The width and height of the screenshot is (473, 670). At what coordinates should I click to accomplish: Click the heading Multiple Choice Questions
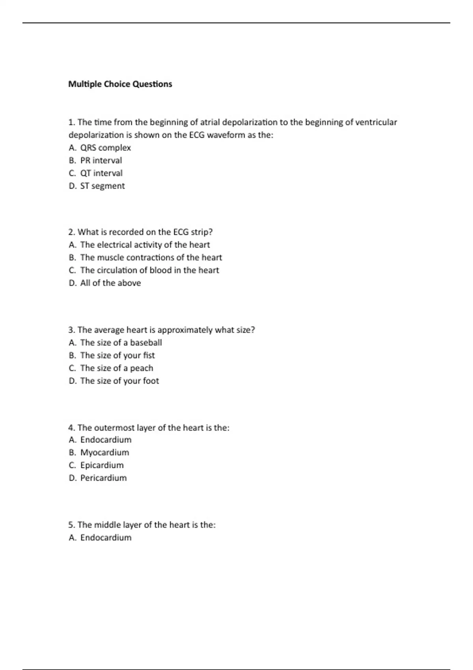pyautogui.click(x=120, y=84)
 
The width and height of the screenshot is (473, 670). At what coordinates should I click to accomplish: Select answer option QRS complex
pyautogui.click(x=105, y=148)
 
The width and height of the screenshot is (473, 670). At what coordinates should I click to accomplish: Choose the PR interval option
pyautogui.click(x=101, y=160)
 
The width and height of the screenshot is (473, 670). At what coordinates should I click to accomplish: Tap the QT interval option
pyautogui.click(x=101, y=173)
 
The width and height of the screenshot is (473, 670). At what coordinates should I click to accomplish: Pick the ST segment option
pyautogui.click(x=102, y=186)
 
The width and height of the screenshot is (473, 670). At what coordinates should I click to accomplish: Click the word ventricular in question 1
pyautogui.click(x=376, y=122)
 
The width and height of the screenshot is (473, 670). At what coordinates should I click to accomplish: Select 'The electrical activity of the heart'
pyautogui.click(x=145, y=245)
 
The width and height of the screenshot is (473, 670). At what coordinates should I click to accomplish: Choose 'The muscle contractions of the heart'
pyautogui.click(x=151, y=257)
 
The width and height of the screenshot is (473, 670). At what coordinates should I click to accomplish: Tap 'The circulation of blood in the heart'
pyautogui.click(x=149, y=270)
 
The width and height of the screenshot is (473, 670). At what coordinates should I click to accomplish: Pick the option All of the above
pyautogui.click(x=110, y=283)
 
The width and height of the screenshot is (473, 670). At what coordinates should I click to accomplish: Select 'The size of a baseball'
pyautogui.click(x=121, y=342)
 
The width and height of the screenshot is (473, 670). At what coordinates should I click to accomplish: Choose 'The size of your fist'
pyautogui.click(x=117, y=355)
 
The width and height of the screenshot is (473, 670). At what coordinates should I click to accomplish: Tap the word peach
pyautogui.click(x=142, y=368)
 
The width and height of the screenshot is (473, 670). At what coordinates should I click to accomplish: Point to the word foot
pyautogui.click(x=151, y=381)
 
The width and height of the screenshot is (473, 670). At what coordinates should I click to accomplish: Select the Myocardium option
pyautogui.click(x=104, y=452)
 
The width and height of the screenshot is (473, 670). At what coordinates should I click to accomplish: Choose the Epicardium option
pyautogui.click(x=102, y=465)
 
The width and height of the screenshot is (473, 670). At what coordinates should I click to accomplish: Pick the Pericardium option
pyautogui.click(x=103, y=478)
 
